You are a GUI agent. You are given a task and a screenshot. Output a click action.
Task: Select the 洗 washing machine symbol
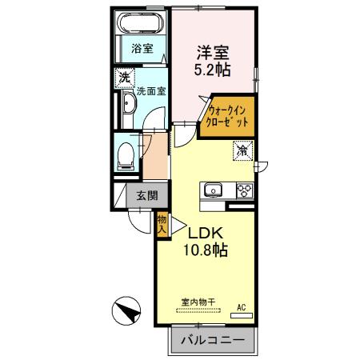[124, 78]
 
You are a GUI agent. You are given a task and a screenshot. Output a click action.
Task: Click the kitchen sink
[213, 190]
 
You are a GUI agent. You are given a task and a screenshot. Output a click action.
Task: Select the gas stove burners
[243, 190]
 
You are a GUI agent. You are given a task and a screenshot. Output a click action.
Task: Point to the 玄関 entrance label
[146, 194]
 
